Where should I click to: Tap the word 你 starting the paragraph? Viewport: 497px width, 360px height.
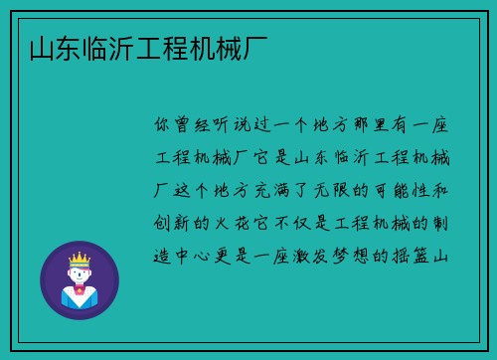[x=163, y=127]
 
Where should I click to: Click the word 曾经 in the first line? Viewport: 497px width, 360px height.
[x=197, y=127]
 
